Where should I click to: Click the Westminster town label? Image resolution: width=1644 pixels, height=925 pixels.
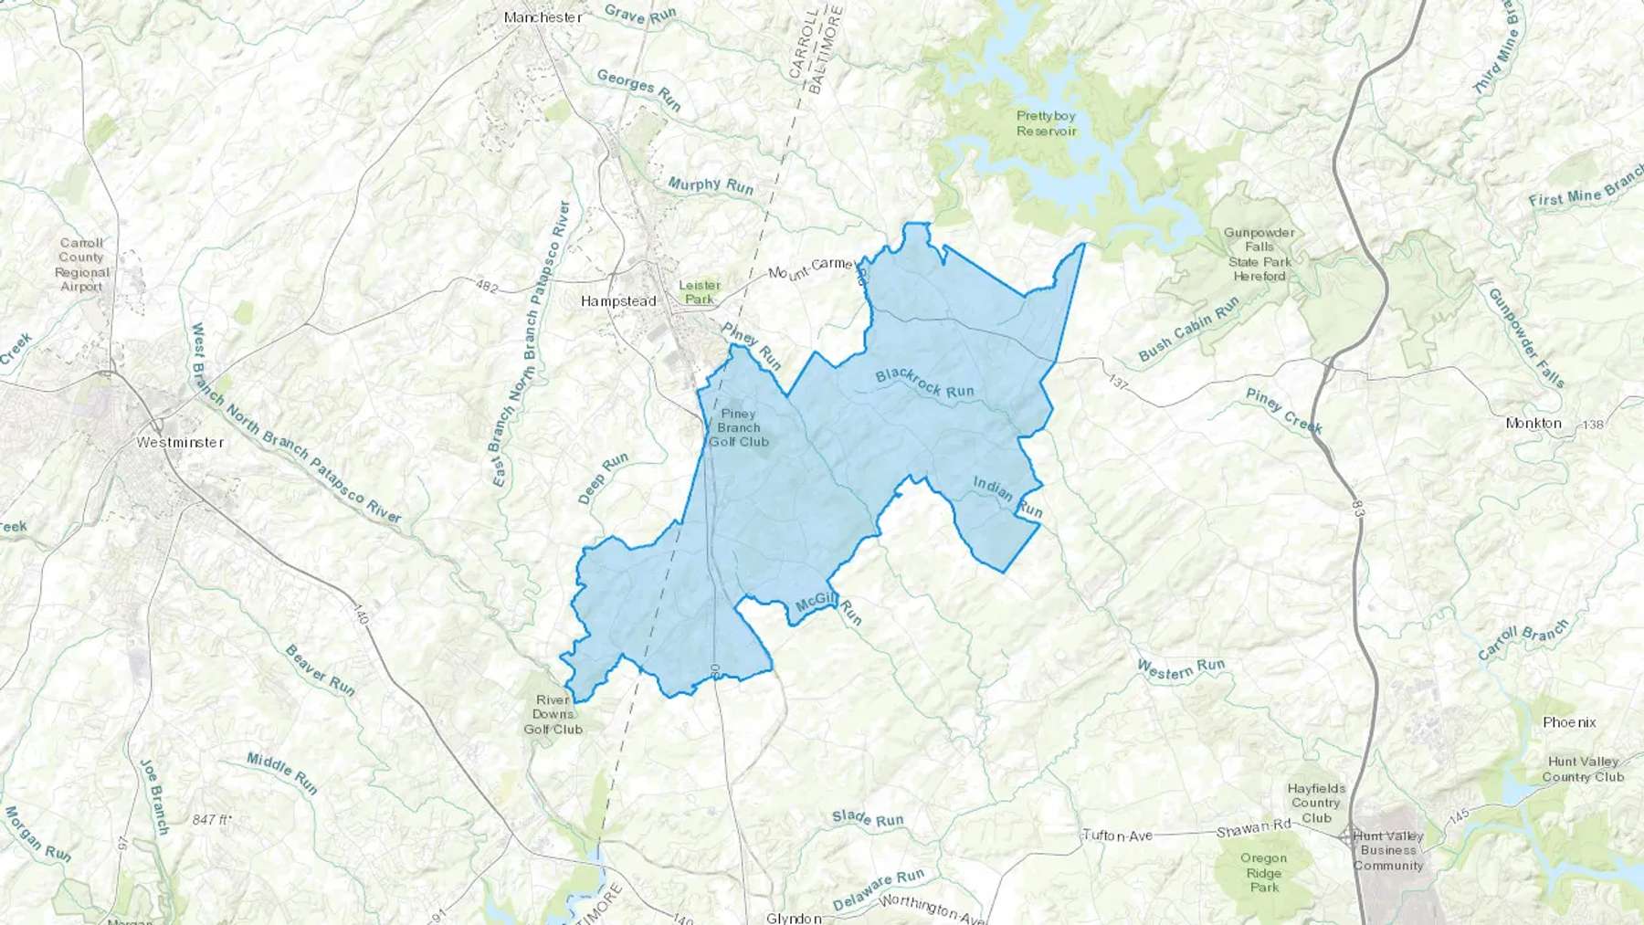180,442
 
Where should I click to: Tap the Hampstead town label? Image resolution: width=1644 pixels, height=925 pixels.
618,300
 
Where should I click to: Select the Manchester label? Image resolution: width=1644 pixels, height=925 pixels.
543,17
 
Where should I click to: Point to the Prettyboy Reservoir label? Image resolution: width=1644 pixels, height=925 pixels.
1047,123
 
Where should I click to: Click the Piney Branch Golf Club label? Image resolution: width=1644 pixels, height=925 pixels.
739,427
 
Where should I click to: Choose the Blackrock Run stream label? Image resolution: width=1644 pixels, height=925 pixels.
924,384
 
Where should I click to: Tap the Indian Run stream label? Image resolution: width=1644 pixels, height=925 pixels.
1007,496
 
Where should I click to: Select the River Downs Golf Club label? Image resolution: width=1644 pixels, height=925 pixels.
553,714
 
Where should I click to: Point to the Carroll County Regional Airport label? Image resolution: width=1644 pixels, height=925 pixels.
82,265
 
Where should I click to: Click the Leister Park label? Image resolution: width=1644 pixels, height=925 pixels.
700,292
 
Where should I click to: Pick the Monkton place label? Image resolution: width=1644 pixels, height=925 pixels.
1533,424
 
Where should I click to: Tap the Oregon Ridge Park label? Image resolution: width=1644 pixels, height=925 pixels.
1264,872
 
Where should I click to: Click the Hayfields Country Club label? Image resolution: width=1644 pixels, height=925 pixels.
1316,803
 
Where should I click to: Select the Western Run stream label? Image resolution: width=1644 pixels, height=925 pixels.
1180,669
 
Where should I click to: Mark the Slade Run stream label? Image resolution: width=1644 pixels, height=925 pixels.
868,819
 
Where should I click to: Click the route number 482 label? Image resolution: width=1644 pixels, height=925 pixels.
487,287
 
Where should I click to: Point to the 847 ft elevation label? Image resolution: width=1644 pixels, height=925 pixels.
211,820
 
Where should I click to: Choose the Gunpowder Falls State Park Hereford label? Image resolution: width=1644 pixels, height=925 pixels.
1259,254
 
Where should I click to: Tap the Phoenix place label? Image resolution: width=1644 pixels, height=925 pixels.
1569,722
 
